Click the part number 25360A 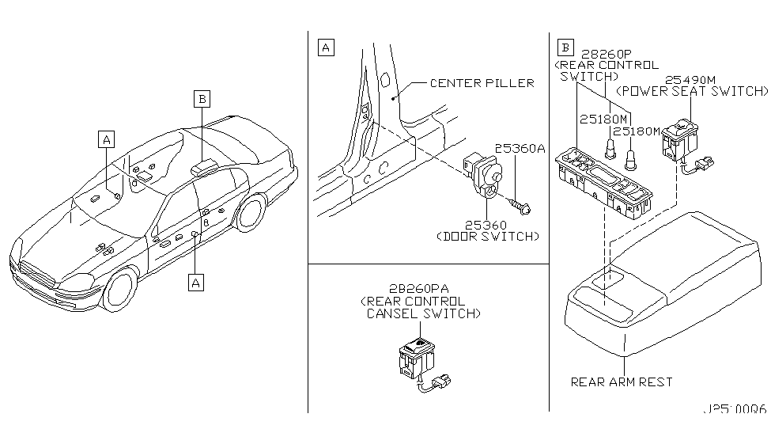coord(519,148)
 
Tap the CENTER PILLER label coord(482,82)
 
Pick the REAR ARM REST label coord(622,382)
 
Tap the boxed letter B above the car coord(202,99)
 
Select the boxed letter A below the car coord(195,281)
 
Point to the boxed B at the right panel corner coord(565,47)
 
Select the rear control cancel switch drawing coord(418,359)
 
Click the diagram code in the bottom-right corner coord(735,411)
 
